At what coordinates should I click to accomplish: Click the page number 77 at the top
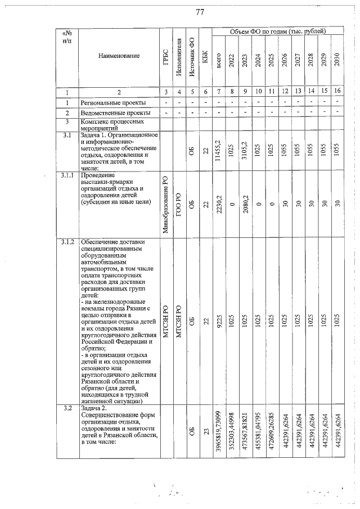[199, 13]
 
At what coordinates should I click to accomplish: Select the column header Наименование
[118, 56]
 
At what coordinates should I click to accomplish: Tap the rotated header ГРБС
[165, 57]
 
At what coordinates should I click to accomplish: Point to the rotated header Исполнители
[179, 57]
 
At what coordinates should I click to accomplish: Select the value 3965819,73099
[218, 432]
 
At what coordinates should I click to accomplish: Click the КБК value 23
[205, 432]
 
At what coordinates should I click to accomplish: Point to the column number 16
[337, 92]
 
